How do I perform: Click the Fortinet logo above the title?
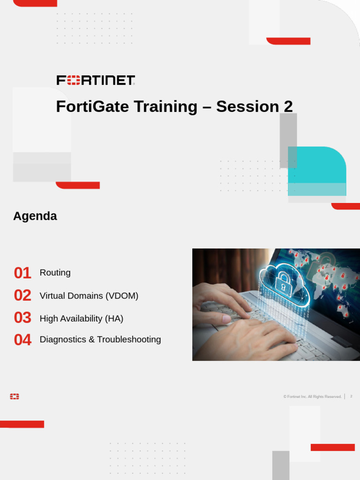[x=96, y=80]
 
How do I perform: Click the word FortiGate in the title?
[x=92, y=106]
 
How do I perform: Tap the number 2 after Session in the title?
[x=288, y=106]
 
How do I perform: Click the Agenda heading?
[x=35, y=216]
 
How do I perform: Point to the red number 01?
[x=22, y=273]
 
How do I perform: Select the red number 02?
[x=22, y=295]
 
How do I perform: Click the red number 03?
[x=22, y=318]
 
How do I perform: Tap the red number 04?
[x=22, y=340]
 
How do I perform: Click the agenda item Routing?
[x=55, y=273]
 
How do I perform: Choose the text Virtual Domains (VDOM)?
[x=89, y=296]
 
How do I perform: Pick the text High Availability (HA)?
[x=81, y=318]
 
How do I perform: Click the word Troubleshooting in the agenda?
[x=129, y=339]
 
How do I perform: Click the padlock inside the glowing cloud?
[x=283, y=283]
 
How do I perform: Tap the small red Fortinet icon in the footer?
[x=15, y=397]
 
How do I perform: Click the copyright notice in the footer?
[x=312, y=397]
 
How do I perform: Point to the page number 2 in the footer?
[x=351, y=397]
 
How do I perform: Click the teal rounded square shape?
[x=317, y=171]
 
